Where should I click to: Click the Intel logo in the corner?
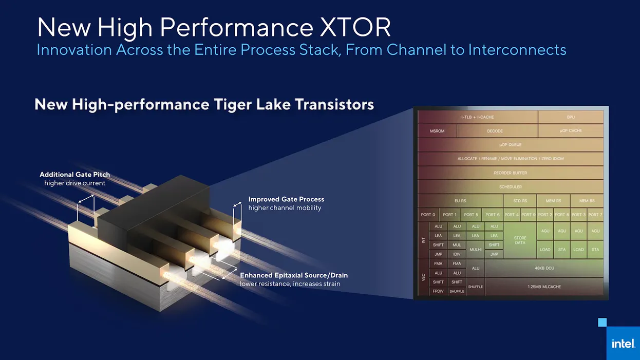pyautogui.click(x=623, y=343)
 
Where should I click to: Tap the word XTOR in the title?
pyautogui.click(x=355, y=27)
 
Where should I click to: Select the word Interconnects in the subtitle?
pyautogui.click(x=517, y=49)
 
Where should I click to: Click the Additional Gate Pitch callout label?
pyautogui.click(x=75, y=175)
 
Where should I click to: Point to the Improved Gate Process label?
pyautogui.click(x=286, y=199)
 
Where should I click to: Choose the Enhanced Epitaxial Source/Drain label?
pyautogui.click(x=294, y=275)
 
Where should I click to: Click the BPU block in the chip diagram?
pyautogui.click(x=571, y=117)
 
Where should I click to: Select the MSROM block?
pyautogui.click(x=437, y=131)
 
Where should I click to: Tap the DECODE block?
pyautogui.click(x=497, y=131)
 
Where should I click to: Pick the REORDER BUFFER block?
pyautogui.click(x=511, y=173)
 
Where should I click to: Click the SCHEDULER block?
pyautogui.click(x=511, y=187)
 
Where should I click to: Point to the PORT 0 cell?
pyautogui.click(x=428, y=215)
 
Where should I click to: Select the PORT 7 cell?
pyautogui.click(x=595, y=215)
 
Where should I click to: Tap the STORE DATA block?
pyautogui.click(x=520, y=240)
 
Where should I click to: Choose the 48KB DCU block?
pyautogui.click(x=544, y=268)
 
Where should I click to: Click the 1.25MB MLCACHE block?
pyautogui.click(x=544, y=287)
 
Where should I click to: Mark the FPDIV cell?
pyautogui.click(x=438, y=291)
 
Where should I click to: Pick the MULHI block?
pyautogui.click(x=476, y=250)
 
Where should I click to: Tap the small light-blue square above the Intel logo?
pyautogui.click(x=603, y=323)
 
